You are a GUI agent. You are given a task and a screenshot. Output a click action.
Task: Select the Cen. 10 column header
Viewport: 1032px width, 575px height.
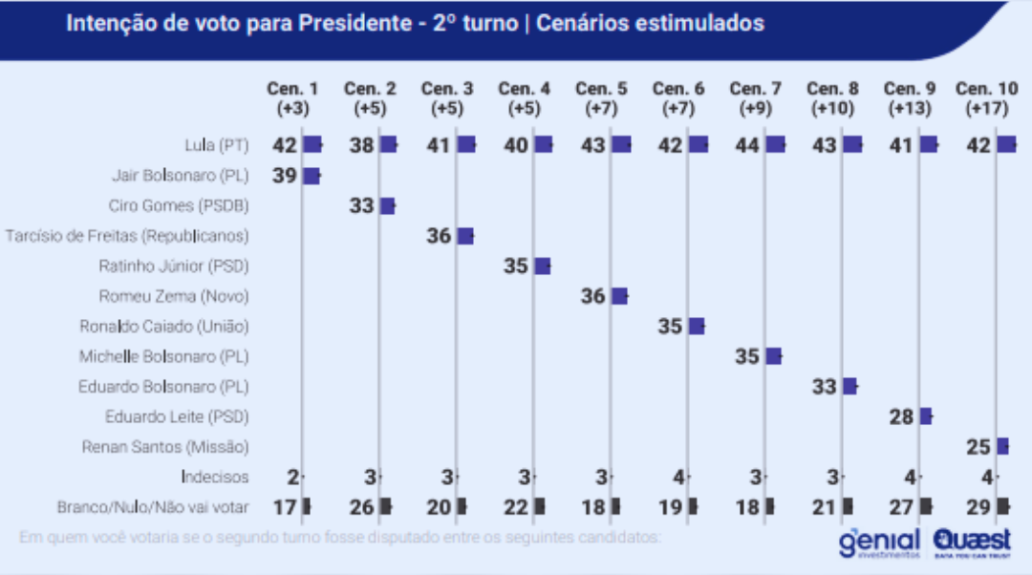point(987,97)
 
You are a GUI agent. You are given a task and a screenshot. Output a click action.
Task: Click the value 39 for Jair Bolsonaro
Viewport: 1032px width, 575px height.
point(285,176)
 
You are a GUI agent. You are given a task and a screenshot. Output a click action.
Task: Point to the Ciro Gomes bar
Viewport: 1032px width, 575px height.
point(387,206)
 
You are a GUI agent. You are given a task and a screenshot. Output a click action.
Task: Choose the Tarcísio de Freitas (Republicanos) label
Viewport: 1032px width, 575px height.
point(127,236)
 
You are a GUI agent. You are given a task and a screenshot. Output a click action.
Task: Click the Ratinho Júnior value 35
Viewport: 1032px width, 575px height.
point(516,266)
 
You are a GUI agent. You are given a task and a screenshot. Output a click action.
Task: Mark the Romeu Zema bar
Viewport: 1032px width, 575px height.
point(619,296)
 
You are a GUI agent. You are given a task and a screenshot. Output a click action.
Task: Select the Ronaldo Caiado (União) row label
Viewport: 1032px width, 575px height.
point(164,327)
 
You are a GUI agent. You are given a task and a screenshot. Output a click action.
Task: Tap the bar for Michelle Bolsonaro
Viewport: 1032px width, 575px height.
point(773,356)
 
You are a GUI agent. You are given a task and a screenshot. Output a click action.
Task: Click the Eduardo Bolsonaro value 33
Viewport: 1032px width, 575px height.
point(825,387)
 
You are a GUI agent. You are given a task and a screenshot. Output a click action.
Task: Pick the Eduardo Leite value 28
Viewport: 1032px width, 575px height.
point(902,416)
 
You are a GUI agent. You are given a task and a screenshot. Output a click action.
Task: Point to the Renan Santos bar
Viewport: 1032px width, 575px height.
point(1002,446)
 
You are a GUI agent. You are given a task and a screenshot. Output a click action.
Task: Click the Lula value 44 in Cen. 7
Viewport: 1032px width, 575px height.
point(747,145)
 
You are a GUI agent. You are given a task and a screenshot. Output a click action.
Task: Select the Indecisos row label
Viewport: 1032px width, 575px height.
point(215,477)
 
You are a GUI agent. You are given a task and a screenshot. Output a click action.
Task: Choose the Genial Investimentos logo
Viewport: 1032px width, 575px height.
point(879,543)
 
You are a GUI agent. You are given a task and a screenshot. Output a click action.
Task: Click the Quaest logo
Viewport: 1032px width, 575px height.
point(969,543)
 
